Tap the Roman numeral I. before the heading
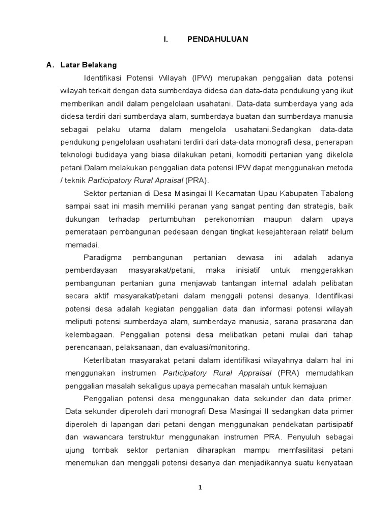pos(165,39)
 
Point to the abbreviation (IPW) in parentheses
pos(203,77)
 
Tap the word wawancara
pos(102,437)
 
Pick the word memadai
pos(81,244)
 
